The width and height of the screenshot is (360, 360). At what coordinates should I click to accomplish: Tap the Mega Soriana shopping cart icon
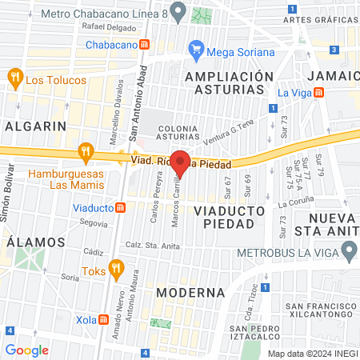pos(196,51)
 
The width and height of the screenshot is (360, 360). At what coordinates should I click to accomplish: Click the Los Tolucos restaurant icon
pos(14,77)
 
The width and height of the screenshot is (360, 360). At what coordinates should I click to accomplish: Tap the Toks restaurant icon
pos(117,267)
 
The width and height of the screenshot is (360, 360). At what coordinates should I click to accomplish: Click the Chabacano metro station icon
pos(144,46)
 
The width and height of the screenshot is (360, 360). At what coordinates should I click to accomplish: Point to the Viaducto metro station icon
pos(120,208)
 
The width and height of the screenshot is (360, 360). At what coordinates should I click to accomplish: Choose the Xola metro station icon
pos(102,319)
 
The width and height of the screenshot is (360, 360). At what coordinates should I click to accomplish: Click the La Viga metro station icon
pos(319,92)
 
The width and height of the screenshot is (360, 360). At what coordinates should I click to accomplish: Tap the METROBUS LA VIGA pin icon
pos(348,252)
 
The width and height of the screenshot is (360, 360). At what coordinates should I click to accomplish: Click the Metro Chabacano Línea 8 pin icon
pos(178,12)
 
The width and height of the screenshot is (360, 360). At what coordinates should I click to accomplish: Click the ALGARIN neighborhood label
pos(34,126)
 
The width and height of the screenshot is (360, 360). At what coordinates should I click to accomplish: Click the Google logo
pos(26,350)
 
